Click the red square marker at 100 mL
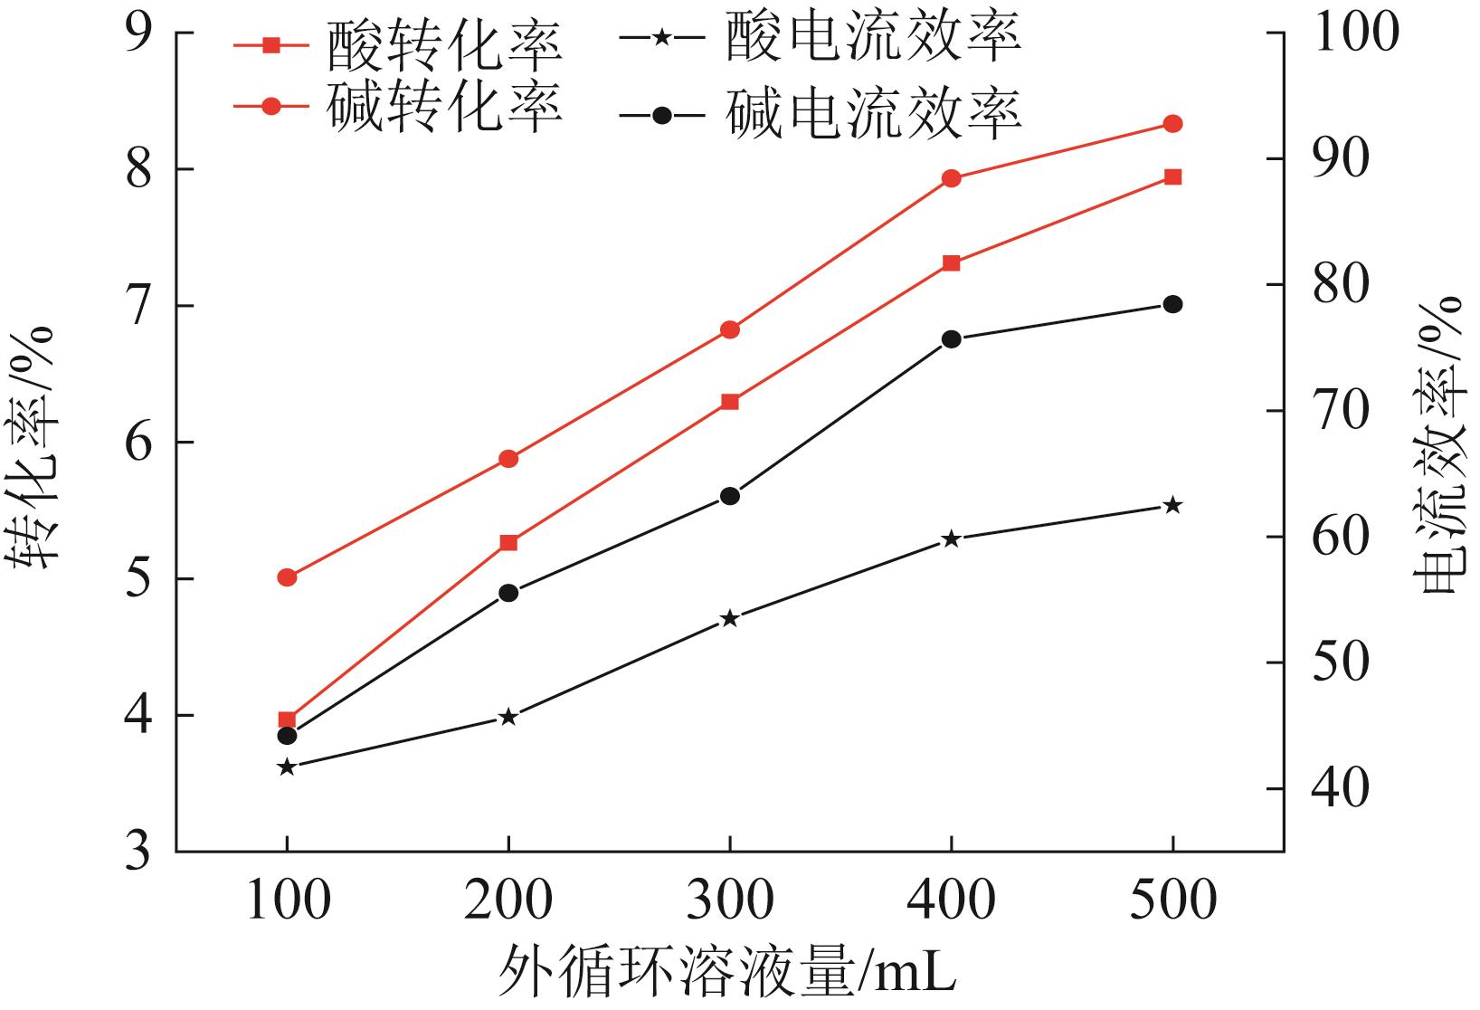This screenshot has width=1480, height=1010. (287, 720)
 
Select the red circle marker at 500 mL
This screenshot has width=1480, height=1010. (1172, 124)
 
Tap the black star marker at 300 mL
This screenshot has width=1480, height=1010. (730, 619)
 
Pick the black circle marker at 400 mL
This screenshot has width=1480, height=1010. (951, 339)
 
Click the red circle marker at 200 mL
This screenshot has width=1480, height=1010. (508, 459)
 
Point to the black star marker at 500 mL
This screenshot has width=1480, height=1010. (1172, 505)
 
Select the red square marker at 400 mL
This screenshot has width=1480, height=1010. (951, 263)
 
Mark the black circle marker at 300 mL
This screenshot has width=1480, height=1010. (730, 496)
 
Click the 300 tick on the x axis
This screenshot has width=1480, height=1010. (730, 900)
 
